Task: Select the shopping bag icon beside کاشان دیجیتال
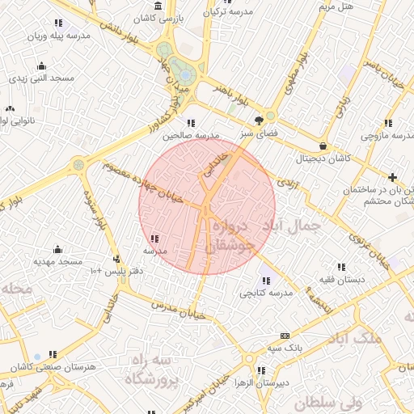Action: (x=323, y=146)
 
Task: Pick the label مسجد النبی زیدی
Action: (x=41, y=78)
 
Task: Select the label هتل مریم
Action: (x=336, y=6)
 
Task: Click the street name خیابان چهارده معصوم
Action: (x=150, y=183)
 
